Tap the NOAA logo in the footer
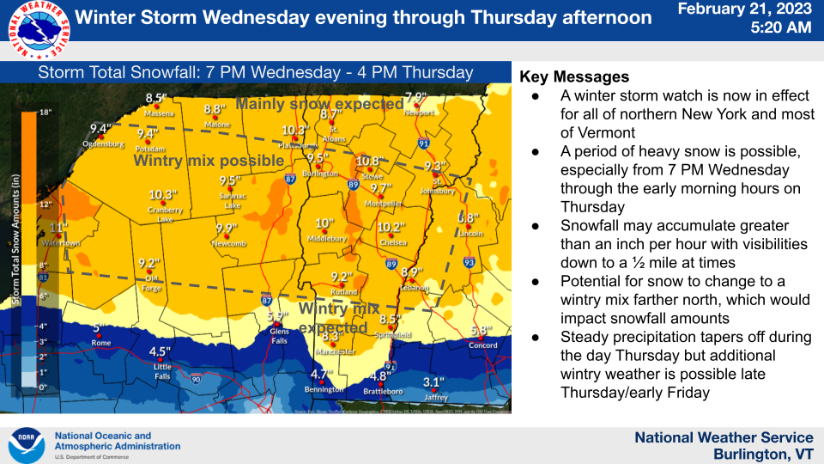26,446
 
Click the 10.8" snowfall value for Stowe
368,162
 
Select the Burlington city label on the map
320,173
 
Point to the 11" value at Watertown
58,228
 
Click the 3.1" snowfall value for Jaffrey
433,382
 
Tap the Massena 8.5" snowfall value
155,99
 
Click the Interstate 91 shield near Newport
423,143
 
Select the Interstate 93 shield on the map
469,262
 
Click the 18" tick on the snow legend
45,113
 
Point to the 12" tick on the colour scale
45,205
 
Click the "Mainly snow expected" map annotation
319,104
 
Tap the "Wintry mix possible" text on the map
209,161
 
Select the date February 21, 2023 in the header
744,9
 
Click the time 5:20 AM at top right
780,27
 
